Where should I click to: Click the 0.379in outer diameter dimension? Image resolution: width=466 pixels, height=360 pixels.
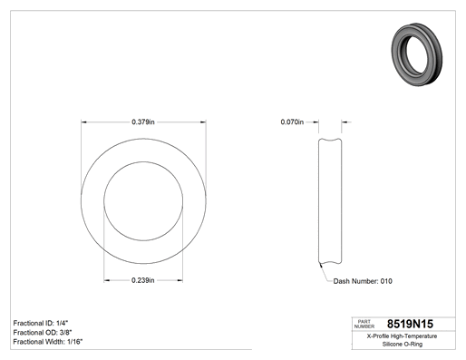143,122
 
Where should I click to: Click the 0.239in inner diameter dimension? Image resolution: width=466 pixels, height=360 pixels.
143,280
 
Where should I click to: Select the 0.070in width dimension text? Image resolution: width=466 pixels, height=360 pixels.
292,122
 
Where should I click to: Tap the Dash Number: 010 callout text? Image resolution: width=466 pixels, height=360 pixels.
363,281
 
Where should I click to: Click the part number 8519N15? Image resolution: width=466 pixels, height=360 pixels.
410,324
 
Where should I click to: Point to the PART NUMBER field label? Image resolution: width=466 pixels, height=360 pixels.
364,324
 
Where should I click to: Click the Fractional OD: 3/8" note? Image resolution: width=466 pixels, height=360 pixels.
43,333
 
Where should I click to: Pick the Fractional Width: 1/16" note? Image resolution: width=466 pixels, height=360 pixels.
48,342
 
